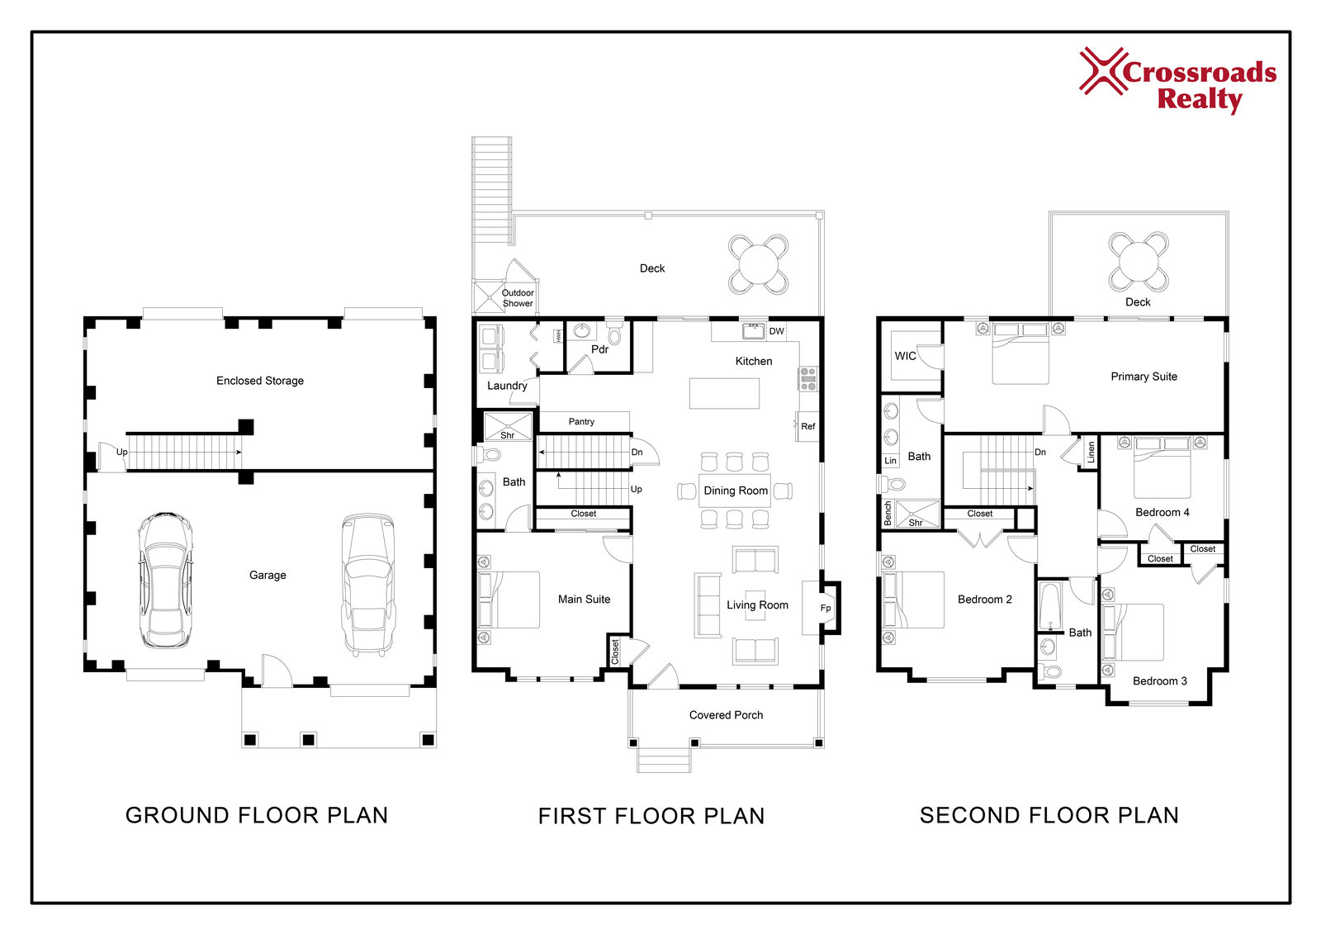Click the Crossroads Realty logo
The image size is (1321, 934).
1177,80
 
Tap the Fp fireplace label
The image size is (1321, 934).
826,608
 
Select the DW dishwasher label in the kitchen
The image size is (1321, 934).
777,331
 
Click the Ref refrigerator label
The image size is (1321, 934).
808,426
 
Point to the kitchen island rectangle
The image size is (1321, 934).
725,393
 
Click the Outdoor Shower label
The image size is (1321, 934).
518,298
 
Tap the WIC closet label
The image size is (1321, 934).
905,356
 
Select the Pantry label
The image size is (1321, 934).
581,421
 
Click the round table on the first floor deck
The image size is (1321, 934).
759,264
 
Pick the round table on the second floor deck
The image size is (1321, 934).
1139,262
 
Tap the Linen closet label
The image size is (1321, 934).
1091,452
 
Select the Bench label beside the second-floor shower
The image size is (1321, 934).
888,514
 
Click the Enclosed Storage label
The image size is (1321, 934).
260,381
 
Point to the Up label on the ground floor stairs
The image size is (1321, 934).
121,452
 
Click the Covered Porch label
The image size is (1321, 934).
726,715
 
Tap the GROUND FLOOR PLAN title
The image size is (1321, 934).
257,815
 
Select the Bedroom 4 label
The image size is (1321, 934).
1162,512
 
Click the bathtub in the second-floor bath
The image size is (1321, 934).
1049,606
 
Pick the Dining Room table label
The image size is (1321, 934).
736,491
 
